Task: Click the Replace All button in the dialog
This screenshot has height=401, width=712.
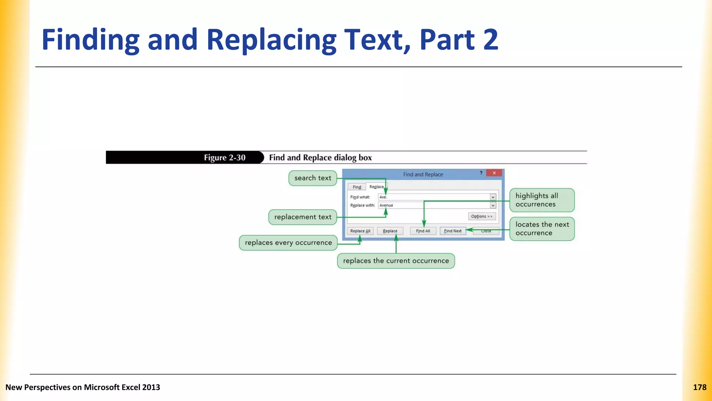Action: (360, 231)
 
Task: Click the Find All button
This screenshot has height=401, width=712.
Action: (423, 231)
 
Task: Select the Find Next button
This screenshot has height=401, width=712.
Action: (453, 231)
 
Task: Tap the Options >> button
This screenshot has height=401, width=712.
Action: (482, 217)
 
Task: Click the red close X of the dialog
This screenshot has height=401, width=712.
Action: (494, 173)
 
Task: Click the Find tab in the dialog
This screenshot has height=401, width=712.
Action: (357, 187)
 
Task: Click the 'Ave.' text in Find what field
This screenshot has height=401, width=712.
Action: (383, 197)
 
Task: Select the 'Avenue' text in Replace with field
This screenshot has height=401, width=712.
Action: (386, 205)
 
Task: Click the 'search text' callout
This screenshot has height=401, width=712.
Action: (313, 178)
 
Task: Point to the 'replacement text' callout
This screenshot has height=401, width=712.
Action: (302, 217)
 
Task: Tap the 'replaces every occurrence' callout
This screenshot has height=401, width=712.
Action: (288, 243)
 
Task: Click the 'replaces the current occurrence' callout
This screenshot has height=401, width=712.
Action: (396, 261)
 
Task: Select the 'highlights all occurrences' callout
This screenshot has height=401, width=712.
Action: (542, 200)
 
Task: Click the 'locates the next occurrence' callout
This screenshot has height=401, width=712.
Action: (542, 229)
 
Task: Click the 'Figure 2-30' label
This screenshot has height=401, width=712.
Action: (225, 158)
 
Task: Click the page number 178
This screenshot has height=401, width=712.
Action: (699, 387)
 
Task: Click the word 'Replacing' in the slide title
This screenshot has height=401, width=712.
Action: (271, 40)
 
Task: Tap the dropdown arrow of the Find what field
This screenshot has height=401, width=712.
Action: (493, 197)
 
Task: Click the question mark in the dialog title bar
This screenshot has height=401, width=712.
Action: (481, 173)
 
